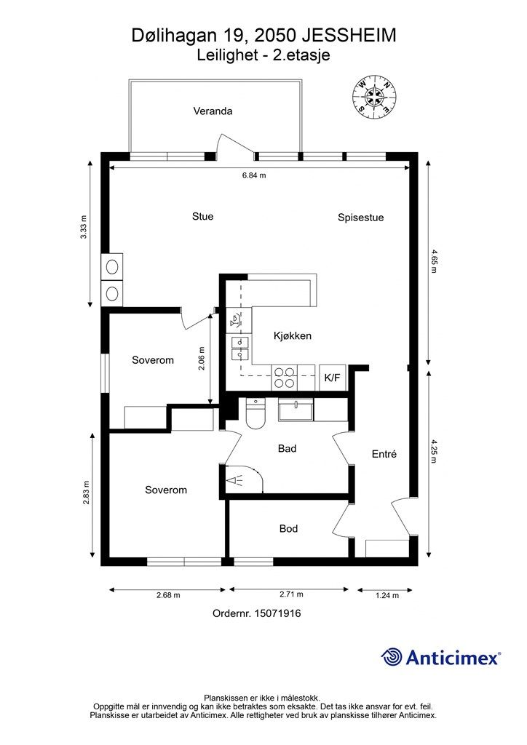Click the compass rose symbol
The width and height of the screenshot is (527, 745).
coord(374,97)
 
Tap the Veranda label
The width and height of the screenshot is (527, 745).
coord(213,111)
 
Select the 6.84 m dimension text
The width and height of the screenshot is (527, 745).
coord(254,175)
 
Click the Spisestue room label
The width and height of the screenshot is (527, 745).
coord(361,218)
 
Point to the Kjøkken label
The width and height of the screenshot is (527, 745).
coord(292,336)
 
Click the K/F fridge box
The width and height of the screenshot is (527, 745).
coord(332,378)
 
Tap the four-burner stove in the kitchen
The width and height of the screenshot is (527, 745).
coord(284,378)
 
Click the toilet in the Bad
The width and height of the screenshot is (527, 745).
coord(255,414)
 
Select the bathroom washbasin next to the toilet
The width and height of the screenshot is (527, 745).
coord(296,410)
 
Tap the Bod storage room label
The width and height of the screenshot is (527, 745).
coord(288,529)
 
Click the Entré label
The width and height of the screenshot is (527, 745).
coord(384,454)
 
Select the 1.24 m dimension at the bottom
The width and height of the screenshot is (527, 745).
coord(387,595)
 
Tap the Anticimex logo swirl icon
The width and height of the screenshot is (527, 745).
coord(392,657)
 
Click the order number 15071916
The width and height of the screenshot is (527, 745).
coord(277,613)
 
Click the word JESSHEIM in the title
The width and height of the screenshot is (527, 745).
coord(349,36)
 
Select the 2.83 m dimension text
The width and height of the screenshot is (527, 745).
coord(86,493)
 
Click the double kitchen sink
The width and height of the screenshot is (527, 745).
coord(240,348)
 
